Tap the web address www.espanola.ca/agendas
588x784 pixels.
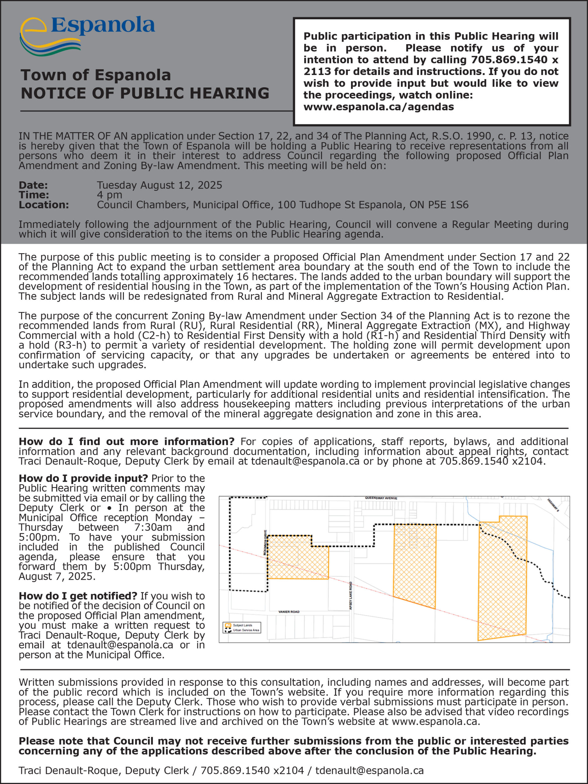click(379, 107)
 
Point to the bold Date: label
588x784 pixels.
click(33, 185)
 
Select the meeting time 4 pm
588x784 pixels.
click(110, 195)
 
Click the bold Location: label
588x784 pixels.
click(43, 205)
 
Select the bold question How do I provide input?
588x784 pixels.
click(83, 478)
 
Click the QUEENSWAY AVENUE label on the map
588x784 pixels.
click(381, 498)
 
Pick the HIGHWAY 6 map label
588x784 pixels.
click(553, 505)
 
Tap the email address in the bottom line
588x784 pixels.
click(369, 771)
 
